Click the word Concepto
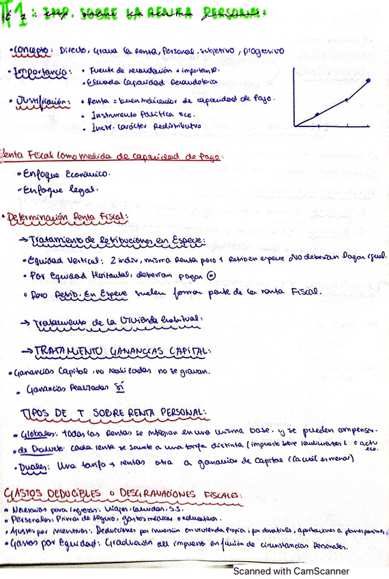[x=31, y=51]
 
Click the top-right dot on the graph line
[x=369, y=80]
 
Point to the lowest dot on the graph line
[x=317, y=115]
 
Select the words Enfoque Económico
[x=58, y=174]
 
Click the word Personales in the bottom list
[x=28, y=520]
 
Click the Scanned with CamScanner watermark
[x=291, y=571]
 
